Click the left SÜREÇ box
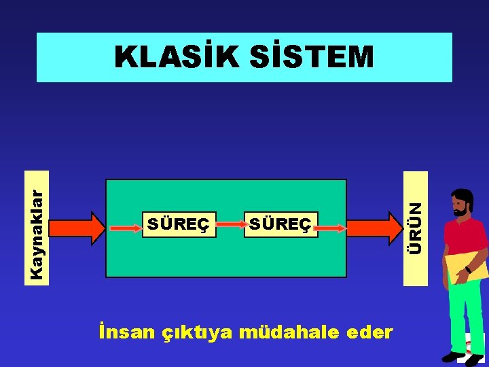[179, 224]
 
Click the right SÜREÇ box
[280, 224]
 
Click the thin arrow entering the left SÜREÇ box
[126, 228]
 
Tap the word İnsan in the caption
[126, 332]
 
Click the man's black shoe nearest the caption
[451, 356]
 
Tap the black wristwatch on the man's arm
[468, 270]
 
